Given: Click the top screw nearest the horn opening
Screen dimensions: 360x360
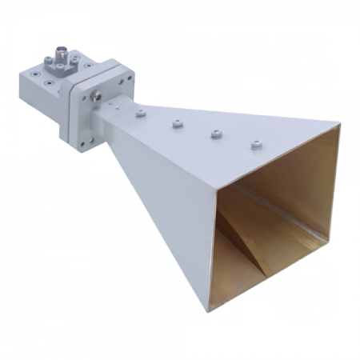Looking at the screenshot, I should coord(256,145).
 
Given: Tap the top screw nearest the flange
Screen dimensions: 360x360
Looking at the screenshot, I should coord(142,114).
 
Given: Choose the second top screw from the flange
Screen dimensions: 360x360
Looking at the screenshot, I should coord(176,123).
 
